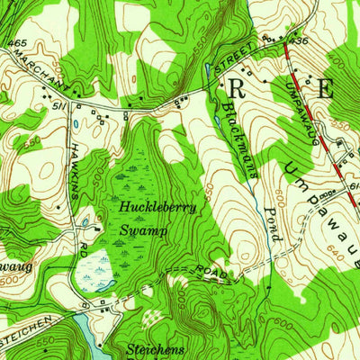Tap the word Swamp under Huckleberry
(x=139, y=229)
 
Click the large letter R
(x=237, y=88)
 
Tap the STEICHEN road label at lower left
(x=22, y=339)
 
